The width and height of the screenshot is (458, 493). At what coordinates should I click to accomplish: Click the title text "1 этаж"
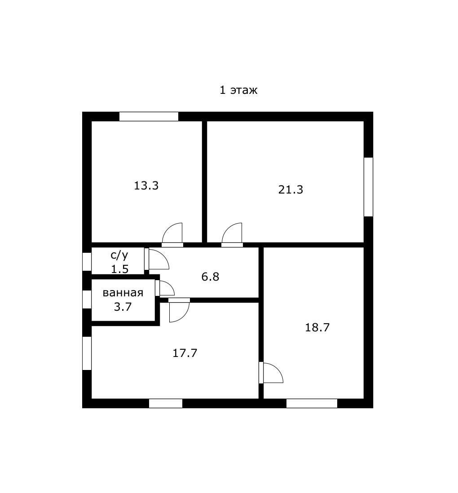[x=238, y=90]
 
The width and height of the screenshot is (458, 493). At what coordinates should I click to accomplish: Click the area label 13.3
[x=146, y=185]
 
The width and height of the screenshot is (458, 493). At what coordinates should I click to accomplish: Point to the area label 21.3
[x=291, y=189]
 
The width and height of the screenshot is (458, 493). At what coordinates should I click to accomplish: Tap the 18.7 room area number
[x=317, y=328]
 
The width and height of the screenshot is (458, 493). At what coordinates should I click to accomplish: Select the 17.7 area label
[x=185, y=353]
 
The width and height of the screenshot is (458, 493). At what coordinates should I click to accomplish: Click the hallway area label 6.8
[x=210, y=277]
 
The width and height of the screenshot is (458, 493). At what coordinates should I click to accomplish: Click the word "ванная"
[x=123, y=293]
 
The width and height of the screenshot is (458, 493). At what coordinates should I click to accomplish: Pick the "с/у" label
[x=119, y=255]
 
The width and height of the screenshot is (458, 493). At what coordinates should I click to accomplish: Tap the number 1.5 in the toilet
[x=120, y=269]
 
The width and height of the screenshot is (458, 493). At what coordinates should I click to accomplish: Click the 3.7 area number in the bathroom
[x=123, y=307]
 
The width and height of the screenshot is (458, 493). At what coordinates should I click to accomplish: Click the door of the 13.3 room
[x=172, y=235]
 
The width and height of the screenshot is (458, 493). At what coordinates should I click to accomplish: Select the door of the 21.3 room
[x=232, y=235]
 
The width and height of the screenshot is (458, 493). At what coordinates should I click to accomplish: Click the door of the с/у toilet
[x=157, y=259]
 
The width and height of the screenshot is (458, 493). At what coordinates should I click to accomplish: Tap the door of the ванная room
[x=165, y=288]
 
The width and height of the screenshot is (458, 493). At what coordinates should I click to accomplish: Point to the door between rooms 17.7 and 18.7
[x=271, y=373]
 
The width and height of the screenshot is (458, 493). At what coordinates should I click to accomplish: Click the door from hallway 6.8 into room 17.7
[x=179, y=310]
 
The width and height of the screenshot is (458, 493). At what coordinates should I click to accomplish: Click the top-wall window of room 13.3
[x=149, y=117]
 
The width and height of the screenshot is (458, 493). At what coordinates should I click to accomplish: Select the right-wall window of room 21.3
[x=368, y=187]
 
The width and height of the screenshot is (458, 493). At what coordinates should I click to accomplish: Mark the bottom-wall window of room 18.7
[x=312, y=403]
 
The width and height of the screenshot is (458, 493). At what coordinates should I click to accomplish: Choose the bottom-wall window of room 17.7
[x=166, y=403]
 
